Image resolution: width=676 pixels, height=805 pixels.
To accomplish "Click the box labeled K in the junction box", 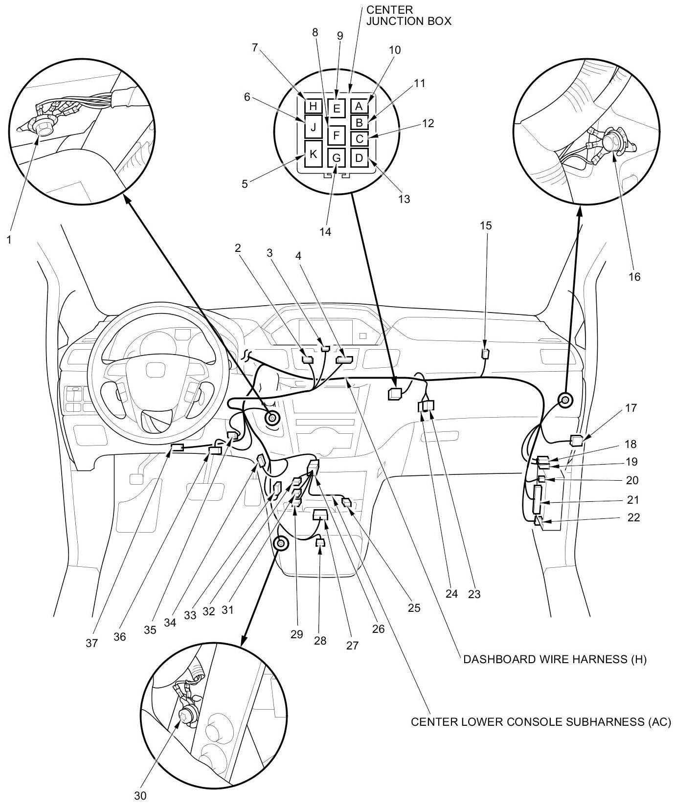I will [x=314, y=154].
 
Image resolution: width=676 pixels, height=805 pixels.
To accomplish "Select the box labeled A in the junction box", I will [x=359, y=106].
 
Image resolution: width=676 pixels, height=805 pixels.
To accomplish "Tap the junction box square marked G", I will [x=337, y=158].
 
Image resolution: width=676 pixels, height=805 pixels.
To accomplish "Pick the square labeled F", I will [x=337, y=134].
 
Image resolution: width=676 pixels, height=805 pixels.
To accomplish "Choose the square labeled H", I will [x=313, y=106].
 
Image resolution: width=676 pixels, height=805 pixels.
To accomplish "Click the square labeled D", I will [x=359, y=157].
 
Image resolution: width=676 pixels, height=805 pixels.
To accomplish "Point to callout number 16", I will [x=634, y=277].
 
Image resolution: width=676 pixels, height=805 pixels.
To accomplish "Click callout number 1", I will [x=8, y=240].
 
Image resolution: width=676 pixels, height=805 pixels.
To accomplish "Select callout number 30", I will [x=140, y=796].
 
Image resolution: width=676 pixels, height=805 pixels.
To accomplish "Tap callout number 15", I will [x=486, y=226].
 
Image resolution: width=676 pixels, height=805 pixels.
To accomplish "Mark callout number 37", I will [x=91, y=644].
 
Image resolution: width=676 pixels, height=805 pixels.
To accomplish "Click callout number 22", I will [x=633, y=517].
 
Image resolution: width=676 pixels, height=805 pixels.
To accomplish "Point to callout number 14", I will [x=325, y=232].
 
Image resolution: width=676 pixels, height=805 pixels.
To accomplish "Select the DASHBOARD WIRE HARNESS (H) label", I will [x=555, y=660].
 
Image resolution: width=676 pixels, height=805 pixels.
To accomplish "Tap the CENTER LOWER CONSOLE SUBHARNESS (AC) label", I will [x=541, y=722].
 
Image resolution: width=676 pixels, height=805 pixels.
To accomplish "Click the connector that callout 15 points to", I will [x=486, y=353].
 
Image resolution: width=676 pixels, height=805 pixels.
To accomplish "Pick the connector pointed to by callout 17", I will [x=576, y=440].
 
